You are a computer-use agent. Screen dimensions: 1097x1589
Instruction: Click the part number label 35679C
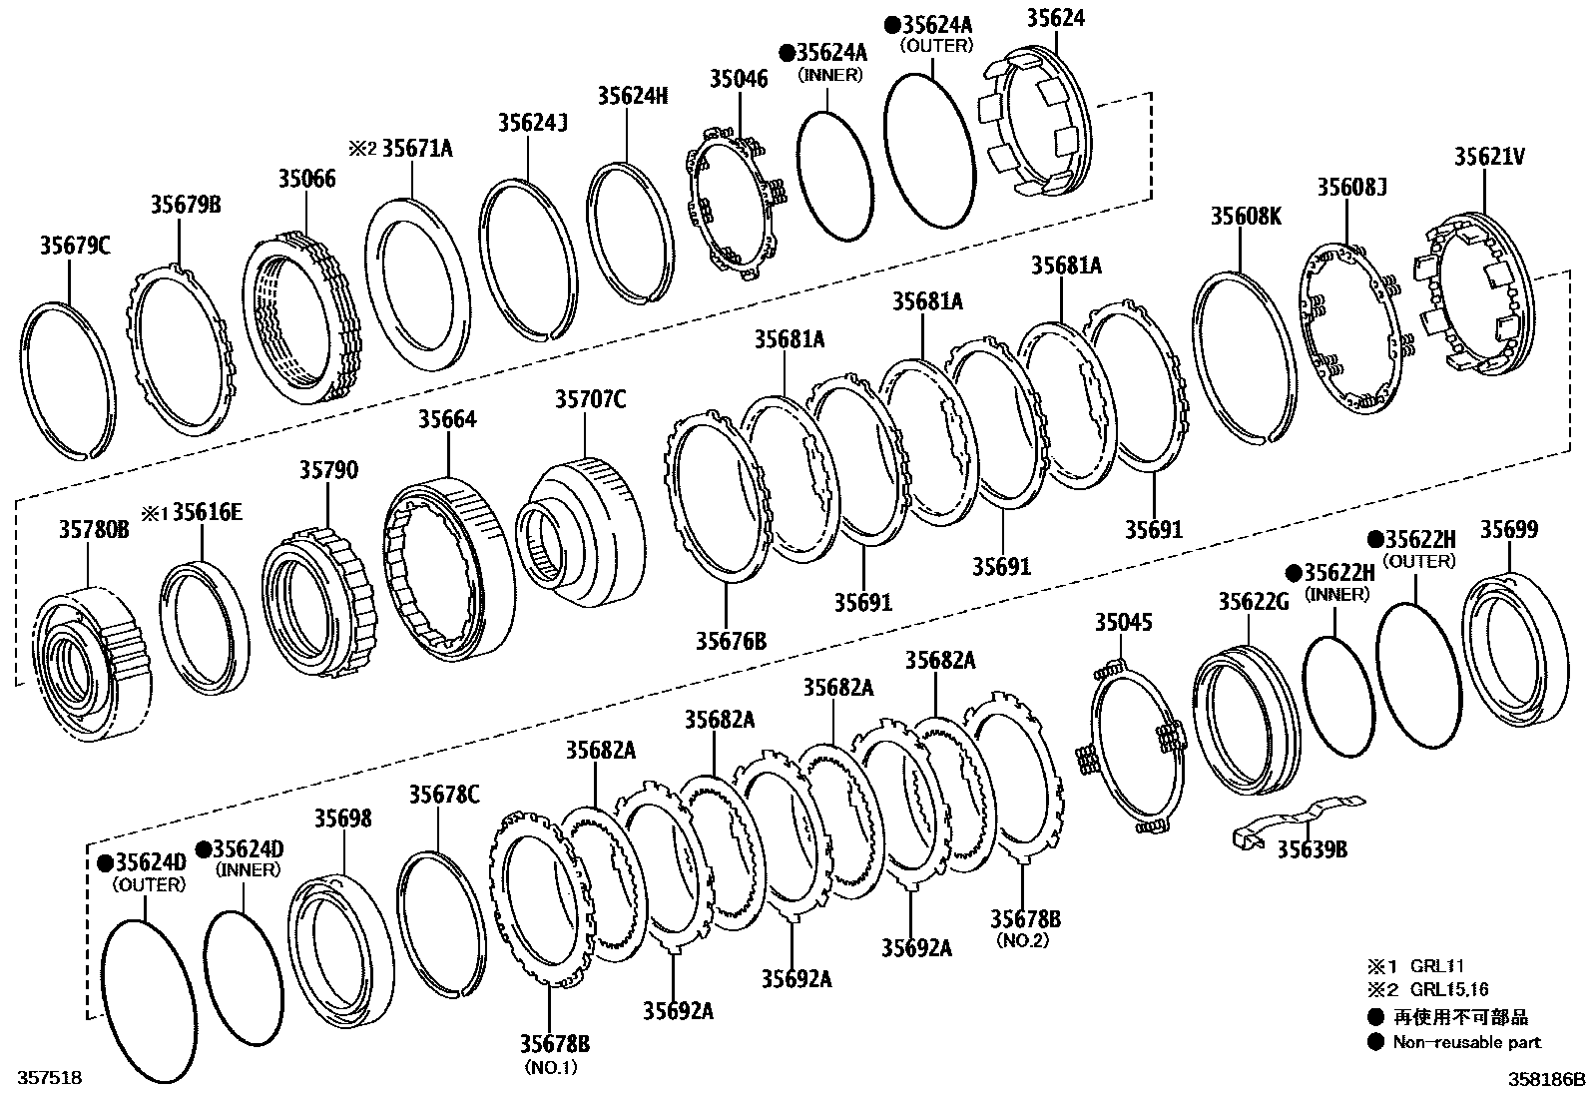[x=75, y=245]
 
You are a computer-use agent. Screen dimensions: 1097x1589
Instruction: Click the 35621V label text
[x=1488, y=157]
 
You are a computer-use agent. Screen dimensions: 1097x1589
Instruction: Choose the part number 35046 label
[x=739, y=78]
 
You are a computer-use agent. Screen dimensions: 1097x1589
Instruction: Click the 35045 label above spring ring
[x=1123, y=623]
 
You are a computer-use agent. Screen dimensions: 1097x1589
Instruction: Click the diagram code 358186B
[x=1545, y=1079]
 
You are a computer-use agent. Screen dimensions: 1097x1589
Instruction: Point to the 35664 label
[x=447, y=419]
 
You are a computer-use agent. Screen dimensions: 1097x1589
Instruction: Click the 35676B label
[x=731, y=640]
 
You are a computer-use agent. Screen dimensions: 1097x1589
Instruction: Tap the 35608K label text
[x=1246, y=215]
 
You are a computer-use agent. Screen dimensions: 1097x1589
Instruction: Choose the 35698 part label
[x=343, y=819]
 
